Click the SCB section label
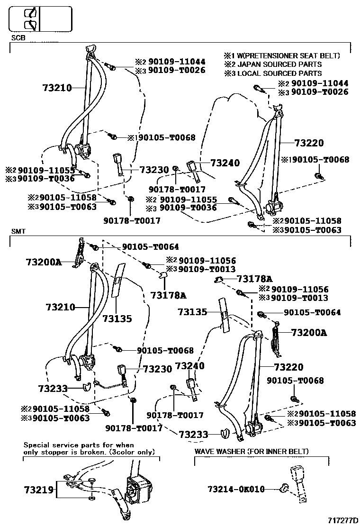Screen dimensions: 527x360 tap(18, 37)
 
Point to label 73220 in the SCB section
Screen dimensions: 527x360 tap(309, 143)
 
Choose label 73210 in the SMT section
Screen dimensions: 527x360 tap(61, 307)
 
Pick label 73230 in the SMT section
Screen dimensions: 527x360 tap(157, 368)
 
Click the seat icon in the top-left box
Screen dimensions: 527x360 tap(31, 19)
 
